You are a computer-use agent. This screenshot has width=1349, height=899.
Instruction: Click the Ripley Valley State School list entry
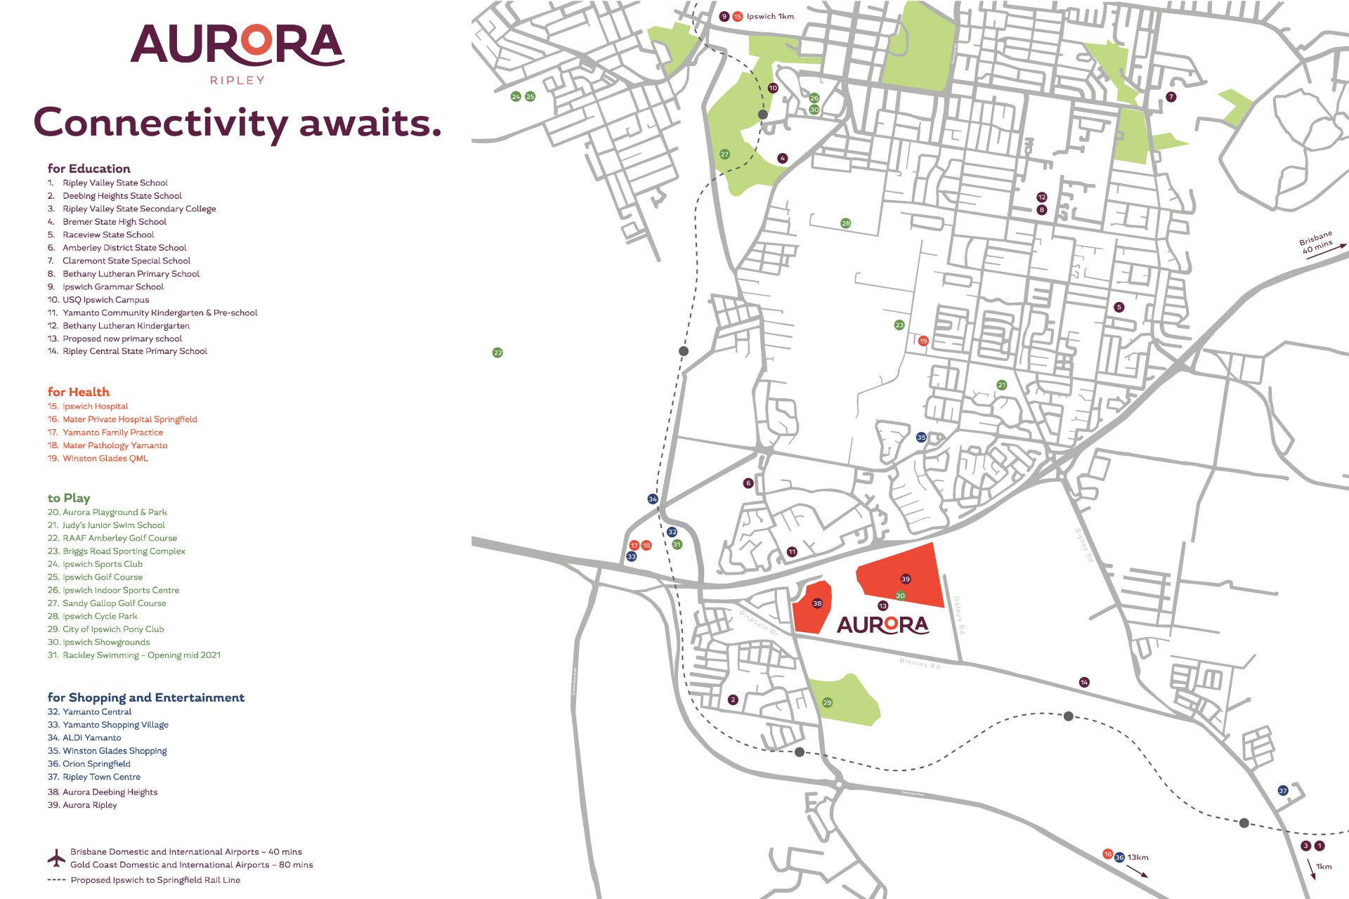(115, 183)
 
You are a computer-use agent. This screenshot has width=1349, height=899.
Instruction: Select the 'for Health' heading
(79, 392)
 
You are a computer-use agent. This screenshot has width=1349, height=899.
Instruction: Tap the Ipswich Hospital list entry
(95, 406)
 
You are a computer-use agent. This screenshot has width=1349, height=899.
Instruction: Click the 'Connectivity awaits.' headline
(237, 123)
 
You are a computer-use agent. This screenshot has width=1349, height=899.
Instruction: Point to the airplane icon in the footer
(56, 858)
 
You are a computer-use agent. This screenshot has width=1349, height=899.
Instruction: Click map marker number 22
(497, 353)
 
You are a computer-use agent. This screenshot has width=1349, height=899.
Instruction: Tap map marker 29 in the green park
(827, 702)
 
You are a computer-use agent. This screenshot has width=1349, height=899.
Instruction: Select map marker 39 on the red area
(906, 579)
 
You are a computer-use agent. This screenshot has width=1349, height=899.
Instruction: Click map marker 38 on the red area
(817, 603)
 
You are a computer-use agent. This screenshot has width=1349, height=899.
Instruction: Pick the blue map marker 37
(1283, 791)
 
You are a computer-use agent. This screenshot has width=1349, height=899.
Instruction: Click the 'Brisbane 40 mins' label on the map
(1316, 242)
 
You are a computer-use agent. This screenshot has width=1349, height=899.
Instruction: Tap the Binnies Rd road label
(920, 663)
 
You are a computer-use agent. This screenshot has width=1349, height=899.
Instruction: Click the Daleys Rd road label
(959, 615)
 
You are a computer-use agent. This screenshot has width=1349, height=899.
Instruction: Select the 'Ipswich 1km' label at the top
(770, 16)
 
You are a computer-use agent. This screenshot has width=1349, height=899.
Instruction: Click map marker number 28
(846, 223)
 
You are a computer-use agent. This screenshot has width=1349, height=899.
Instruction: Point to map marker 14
(1084, 682)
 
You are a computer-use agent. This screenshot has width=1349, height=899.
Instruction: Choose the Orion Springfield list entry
(96, 763)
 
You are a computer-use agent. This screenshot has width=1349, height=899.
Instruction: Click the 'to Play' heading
(69, 498)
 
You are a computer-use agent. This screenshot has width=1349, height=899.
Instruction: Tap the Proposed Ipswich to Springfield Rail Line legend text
(155, 880)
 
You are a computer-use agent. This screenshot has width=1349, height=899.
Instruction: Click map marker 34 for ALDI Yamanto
(653, 499)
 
